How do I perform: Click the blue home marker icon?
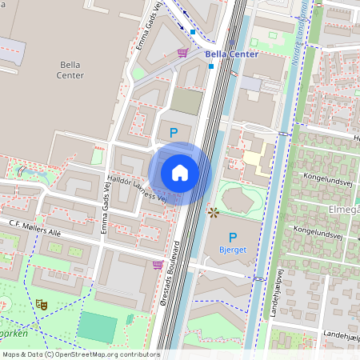(x=180, y=173)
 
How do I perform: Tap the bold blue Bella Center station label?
(x=232, y=54)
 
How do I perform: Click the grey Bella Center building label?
(x=70, y=70)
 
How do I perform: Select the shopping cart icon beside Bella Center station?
(x=182, y=53)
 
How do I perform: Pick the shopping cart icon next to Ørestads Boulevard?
(x=158, y=264)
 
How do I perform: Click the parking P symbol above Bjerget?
(x=233, y=237)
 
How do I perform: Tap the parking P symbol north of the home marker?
(x=173, y=132)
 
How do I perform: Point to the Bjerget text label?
(x=233, y=250)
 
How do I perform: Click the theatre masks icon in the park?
(x=40, y=304)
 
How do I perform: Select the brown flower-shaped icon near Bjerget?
(x=213, y=212)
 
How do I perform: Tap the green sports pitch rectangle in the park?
(x=96, y=327)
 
